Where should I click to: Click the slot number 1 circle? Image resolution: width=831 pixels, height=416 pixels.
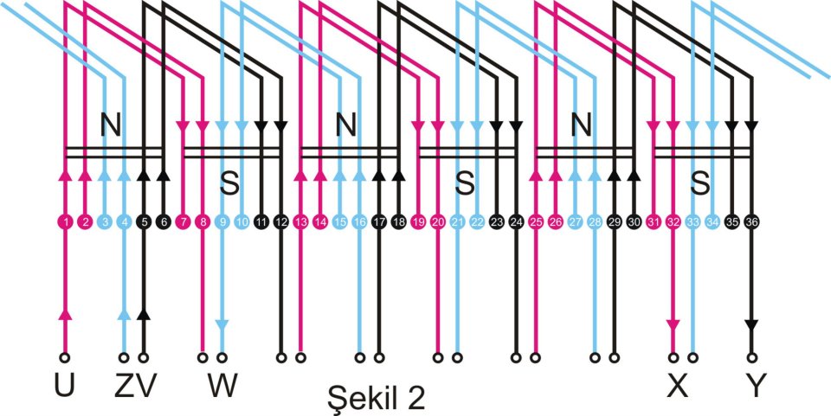coord(66,222)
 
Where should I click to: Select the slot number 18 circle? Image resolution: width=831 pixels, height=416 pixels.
coord(398,222)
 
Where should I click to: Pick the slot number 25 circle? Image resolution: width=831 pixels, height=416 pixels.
coord(537,222)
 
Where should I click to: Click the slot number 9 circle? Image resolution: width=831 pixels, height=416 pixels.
coord(222,222)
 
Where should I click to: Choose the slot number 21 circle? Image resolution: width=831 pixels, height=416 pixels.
coord(457,222)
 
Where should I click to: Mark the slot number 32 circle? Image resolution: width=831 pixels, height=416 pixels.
coord(673,222)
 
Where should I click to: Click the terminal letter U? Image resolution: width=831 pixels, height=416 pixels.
coord(63,387)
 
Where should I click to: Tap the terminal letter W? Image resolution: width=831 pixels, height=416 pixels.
coord(223,387)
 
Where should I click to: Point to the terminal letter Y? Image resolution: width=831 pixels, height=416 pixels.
coord(756,387)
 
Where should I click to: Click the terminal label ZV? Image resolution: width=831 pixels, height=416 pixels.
coord(135,387)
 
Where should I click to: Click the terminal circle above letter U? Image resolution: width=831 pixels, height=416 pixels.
coord(63,355)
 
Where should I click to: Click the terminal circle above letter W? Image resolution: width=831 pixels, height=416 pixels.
coord(222,355)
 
